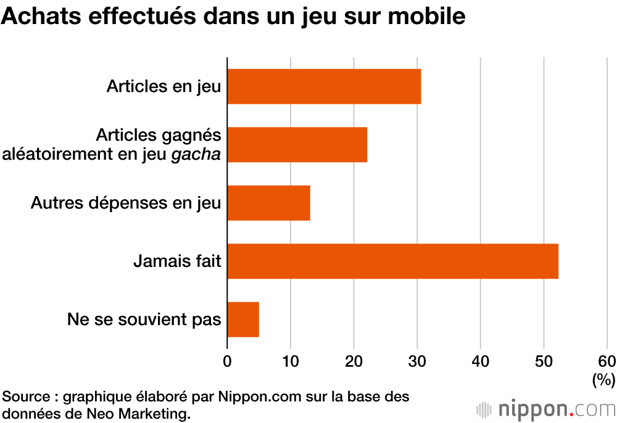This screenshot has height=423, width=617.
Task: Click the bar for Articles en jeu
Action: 324,86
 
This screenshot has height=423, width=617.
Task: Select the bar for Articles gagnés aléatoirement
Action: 297,145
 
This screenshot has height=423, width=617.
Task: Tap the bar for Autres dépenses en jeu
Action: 268,203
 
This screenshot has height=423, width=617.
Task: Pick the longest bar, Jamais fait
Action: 392,261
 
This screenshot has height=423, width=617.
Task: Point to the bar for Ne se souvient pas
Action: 243,319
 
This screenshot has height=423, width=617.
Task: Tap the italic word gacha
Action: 198,154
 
